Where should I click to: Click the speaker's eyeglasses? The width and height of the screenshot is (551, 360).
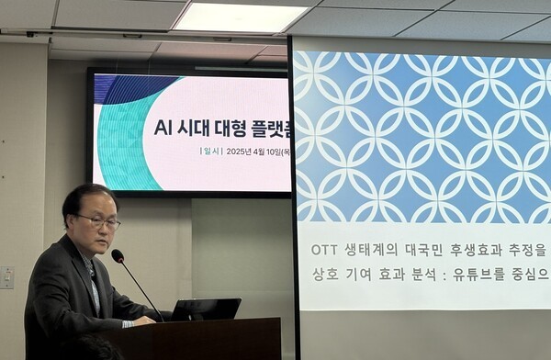click(x=98, y=221)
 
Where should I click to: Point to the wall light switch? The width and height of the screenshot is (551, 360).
click(x=6, y=278)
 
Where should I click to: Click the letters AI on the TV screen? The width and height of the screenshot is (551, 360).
click(x=166, y=127)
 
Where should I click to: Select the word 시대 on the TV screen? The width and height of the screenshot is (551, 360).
click(x=197, y=127)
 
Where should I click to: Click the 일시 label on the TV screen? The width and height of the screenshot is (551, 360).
click(x=210, y=151)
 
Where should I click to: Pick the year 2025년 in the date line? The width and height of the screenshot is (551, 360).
click(x=241, y=151)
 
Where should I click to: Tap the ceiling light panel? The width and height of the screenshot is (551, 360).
click(x=240, y=17)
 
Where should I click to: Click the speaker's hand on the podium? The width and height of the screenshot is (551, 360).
click(x=144, y=320)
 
